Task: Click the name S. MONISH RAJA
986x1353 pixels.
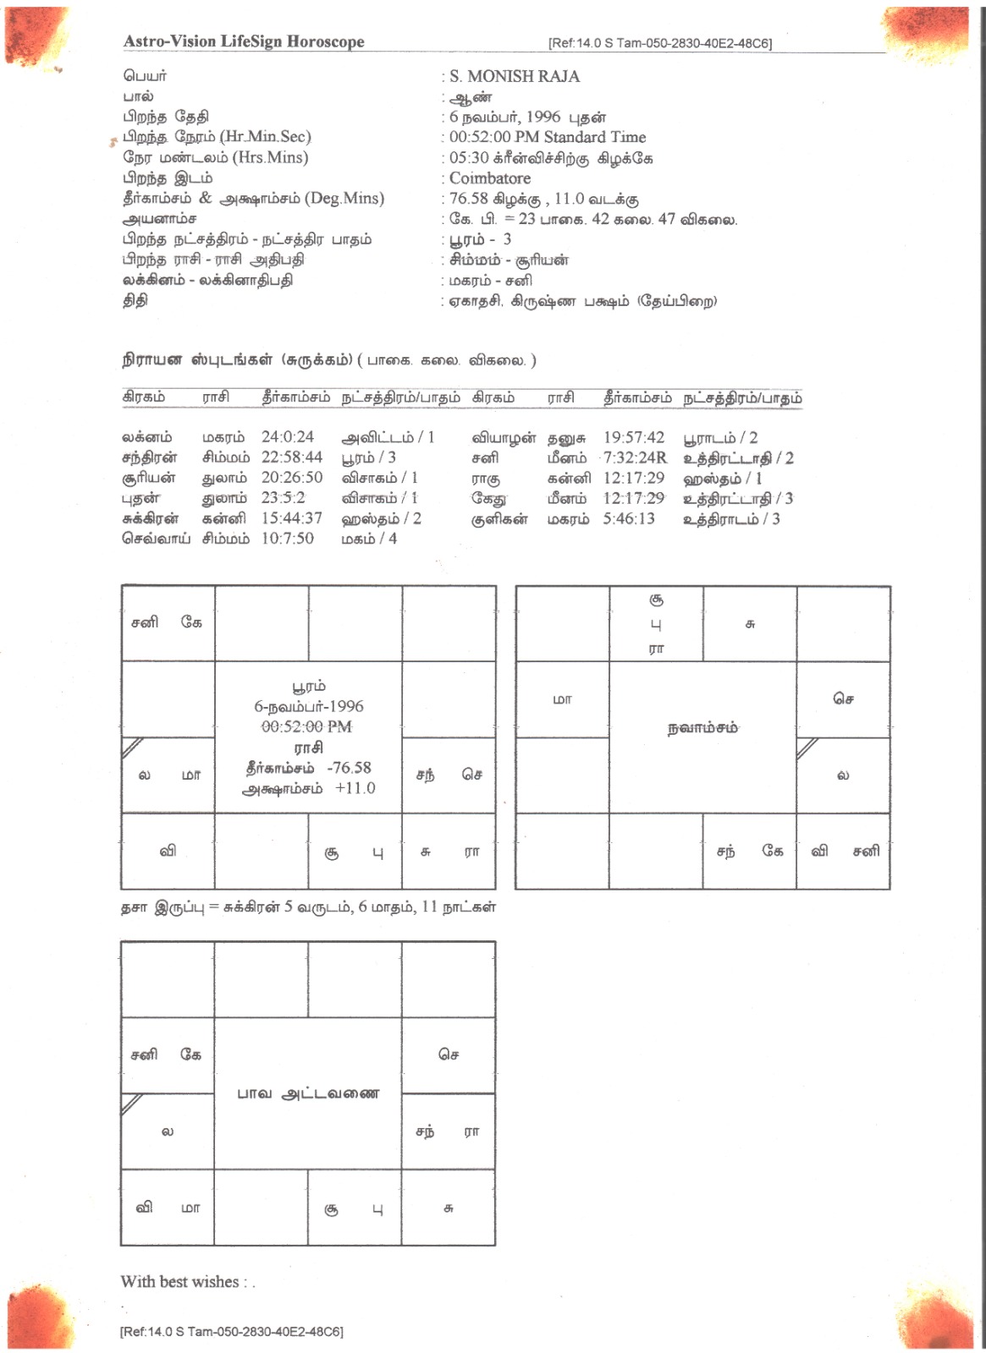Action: pyautogui.click(x=515, y=76)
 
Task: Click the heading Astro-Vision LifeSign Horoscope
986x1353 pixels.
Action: pyautogui.click(x=244, y=41)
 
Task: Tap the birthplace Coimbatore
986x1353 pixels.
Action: pyautogui.click(x=490, y=178)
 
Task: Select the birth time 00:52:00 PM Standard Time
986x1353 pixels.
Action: pyautogui.click(x=548, y=137)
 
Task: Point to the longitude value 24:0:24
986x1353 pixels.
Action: pyautogui.click(x=288, y=437)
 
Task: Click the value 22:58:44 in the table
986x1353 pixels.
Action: pyautogui.click(x=292, y=457)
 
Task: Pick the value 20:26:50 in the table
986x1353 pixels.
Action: pyautogui.click(x=292, y=478)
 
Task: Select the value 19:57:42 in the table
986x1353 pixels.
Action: pyautogui.click(x=634, y=437)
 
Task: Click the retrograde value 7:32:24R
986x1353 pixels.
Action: pyautogui.click(x=635, y=457)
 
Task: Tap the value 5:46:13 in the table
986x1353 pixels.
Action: pyautogui.click(x=629, y=518)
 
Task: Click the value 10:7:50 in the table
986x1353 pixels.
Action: pyautogui.click(x=288, y=539)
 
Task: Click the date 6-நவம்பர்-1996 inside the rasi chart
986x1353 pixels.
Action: pyautogui.click(x=309, y=706)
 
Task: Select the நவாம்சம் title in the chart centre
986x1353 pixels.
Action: pyautogui.click(x=702, y=728)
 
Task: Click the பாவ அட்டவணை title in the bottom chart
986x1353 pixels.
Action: pyautogui.click(x=308, y=1093)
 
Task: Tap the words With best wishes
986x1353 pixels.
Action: pyautogui.click(x=180, y=1282)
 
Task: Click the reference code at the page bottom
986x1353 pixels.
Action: pyautogui.click(x=232, y=1332)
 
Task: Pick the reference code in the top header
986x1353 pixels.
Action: pyautogui.click(x=660, y=43)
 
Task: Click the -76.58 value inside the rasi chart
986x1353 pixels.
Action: pyautogui.click(x=349, y=768)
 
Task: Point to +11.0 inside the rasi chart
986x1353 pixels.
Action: pyautogui.click(x=355, y=788)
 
